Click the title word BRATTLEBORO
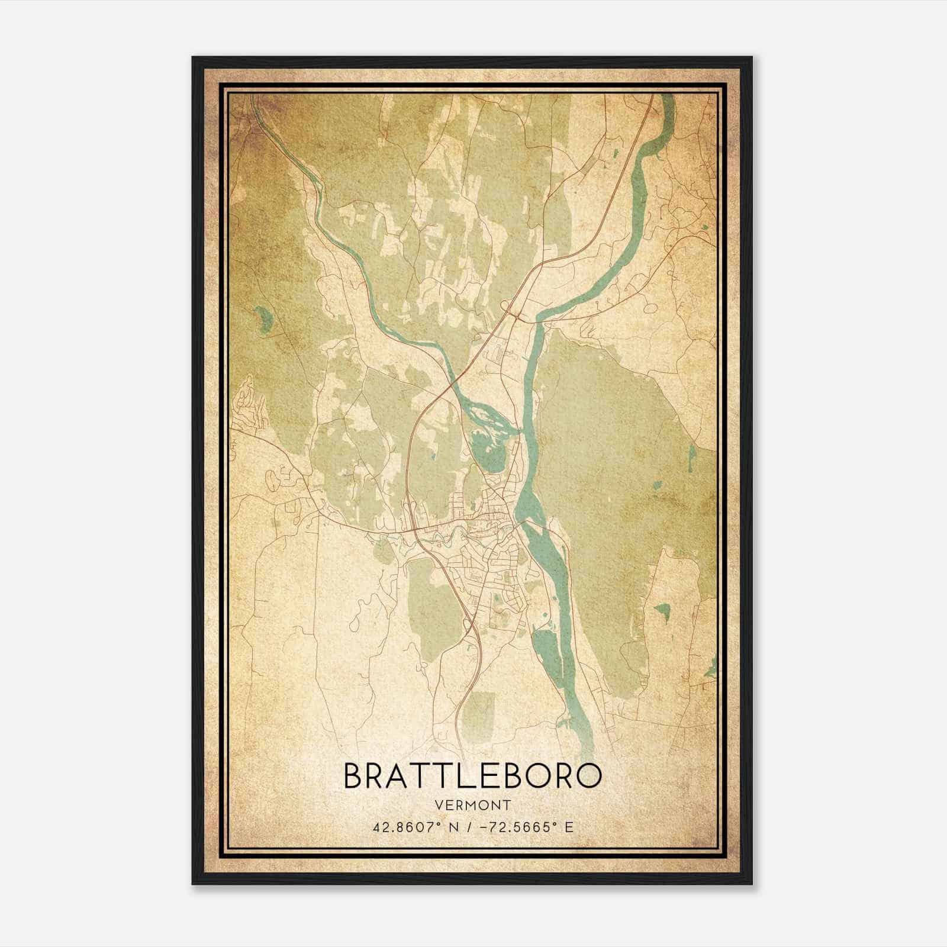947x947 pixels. point(472,776)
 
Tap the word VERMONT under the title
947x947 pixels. point(472,805)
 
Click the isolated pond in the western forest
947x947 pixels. point(263,319)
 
